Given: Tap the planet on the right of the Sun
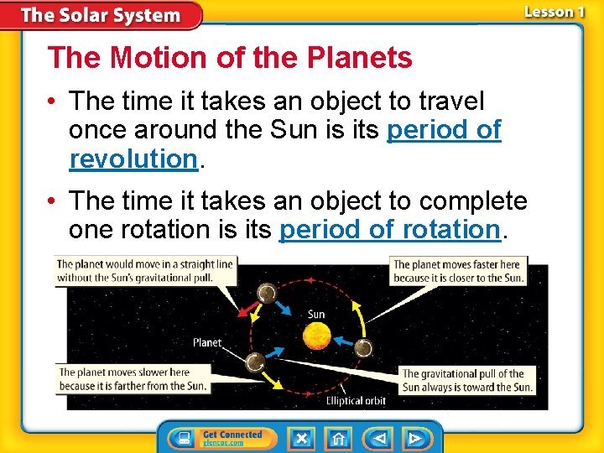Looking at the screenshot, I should point(363,347).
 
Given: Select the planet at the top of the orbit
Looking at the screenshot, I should point(266,293).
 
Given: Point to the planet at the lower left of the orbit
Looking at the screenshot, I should point(255,362).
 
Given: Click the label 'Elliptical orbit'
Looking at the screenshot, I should point(357,400).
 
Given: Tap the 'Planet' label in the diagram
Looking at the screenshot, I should point(207,342).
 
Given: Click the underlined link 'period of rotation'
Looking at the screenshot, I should point(389,229).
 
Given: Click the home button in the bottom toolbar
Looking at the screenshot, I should point(339,438).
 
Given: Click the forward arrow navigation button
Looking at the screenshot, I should point(414,438).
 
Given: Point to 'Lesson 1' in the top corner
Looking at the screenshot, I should point(555,12).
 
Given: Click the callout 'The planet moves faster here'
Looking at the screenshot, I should point(458,271).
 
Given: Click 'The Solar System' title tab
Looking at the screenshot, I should point(101,15).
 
